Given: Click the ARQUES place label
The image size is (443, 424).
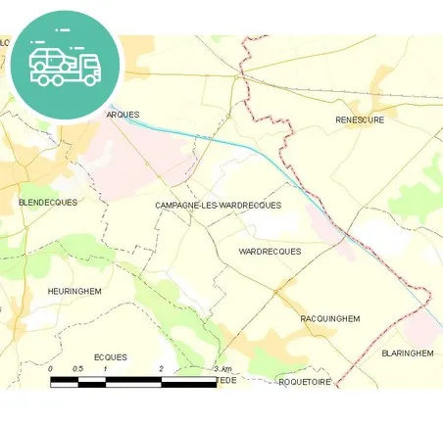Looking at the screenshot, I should pyautogui.click(x=123, y=115).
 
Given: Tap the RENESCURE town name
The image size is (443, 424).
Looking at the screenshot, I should pyautogui.click(x=360, y=119).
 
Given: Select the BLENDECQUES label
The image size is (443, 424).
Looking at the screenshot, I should pyautogui.click(x=48, y=202).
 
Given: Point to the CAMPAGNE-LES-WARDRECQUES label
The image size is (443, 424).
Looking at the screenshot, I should pyautogui.click(x=218, y=205).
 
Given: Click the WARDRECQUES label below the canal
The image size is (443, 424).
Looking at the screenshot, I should pyautogui.click(x=270, y=252).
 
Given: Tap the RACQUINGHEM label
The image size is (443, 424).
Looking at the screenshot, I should pyautogui.click(x=329, y=318).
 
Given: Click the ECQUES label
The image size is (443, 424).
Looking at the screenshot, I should pyautogui.click(x=110, y=357).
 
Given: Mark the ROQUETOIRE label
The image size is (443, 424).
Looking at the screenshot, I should pyautogui.click(x=305, y=381).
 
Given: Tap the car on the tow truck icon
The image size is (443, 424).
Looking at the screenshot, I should pyautogui.click(x=50, y=59).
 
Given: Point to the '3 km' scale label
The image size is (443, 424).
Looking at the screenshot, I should pyautogui.click(x=222, y=368).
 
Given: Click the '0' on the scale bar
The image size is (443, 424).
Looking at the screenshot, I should pyautogui.click(x=50, y=368).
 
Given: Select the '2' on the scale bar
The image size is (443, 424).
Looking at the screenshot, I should pyautogui.click(x=161, y=368).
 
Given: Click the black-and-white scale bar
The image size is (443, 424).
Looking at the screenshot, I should pyautogui.click(x=133, y=380).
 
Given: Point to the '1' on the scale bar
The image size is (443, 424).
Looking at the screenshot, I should pyautogui.click(x=106, y=368).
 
